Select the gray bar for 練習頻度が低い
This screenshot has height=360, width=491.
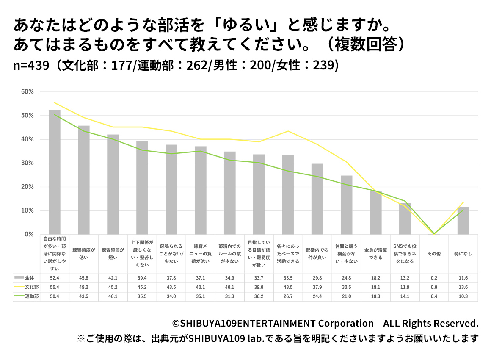pyautogui.click(x=83, y=180)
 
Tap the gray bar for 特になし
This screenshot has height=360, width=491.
pyautogui.click(x=463, y=220)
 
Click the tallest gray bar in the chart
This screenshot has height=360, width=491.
pyautogui.click(x=55, y=172)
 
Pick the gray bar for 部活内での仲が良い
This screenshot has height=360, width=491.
pyautogui.click(x=317, y=199)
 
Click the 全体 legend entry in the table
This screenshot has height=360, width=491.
pyautogui.click(x=27, y=278)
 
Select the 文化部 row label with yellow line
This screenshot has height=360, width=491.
pyautogui.click(x=27, y=287)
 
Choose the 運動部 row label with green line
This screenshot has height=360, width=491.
pyautogui.click(x=27, y=296)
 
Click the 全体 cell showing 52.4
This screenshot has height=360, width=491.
pyautogui.click(x=55, y=278)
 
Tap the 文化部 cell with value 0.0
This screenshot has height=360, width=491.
pyautogui.click(x=434, y=287)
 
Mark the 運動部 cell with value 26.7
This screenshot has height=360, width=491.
pyautogui.click(x=288, y=296)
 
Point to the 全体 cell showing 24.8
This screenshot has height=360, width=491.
pyautogui.click(x=346, y=278)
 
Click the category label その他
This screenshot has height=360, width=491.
pyautogui.click(x=434, y=254)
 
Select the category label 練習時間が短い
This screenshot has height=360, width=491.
pyautogui.click(x=113, y=254)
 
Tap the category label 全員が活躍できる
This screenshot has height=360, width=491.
pyautogui.click(x=375, y=254)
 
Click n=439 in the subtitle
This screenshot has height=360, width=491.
pyautogui.click(x=30, y=66)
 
